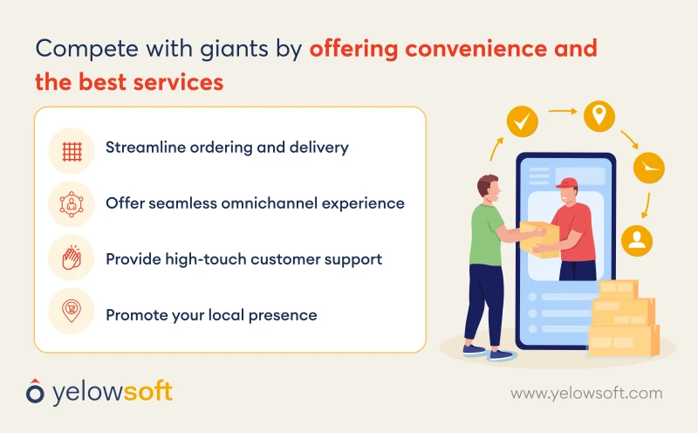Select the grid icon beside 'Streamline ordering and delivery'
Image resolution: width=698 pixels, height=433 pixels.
point(72,150)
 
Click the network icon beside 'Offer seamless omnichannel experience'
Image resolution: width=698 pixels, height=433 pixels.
point(72,204)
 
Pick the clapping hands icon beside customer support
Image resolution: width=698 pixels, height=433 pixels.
point(72,258)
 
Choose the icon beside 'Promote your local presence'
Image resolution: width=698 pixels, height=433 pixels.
point(72,312)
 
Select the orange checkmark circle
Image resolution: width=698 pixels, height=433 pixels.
point(523,122)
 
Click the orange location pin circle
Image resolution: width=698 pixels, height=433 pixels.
point(599,115)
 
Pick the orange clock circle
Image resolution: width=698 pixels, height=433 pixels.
point(648,168)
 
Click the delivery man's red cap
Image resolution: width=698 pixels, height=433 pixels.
point(566,184)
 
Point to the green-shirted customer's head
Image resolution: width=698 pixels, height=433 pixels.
point(489,189)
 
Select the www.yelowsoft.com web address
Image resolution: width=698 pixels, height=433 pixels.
point(585,394)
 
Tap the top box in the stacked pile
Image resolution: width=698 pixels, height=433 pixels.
point(619,290)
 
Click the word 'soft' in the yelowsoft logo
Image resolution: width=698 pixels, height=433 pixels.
point(143,391)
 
